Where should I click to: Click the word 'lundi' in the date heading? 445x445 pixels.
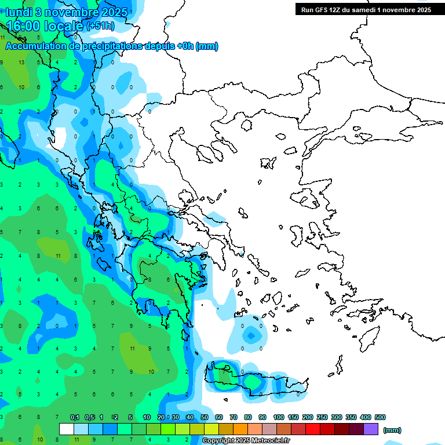(20, 13)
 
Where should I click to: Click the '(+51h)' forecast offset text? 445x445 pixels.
(101, 26)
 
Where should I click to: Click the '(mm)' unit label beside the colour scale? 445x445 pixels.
(392, 430)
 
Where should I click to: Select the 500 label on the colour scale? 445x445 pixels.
(380, 417)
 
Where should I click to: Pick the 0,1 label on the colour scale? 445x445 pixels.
(75, 417)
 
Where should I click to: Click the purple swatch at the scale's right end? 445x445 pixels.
(371, 429)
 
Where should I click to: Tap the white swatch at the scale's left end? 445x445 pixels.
(67, 429)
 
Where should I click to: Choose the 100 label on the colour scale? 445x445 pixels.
(278, 417)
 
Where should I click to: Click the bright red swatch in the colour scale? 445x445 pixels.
(313, 429)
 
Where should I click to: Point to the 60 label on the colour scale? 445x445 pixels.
(219, 417)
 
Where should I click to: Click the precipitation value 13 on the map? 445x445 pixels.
(21, 62)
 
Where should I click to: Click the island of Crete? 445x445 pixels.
(255, 382)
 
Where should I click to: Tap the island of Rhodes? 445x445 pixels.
(369, 340)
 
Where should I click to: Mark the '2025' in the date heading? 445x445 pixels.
(116, 13)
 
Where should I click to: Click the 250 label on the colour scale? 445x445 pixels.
(322, 417)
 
